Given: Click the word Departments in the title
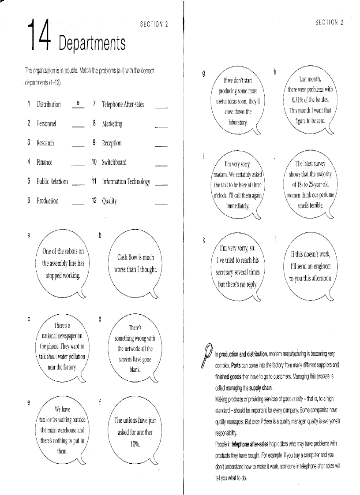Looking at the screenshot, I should (92, 43).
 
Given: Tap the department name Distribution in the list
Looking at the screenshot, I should (49, 104).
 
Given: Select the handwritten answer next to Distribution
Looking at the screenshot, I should (78, 103).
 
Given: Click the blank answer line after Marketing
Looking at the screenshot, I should (161, 126).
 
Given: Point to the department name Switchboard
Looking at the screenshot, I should (114, 162).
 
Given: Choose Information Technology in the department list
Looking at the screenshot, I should (126, 182).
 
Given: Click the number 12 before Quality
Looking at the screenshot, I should (94, 201).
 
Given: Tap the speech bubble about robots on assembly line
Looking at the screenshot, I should (63, 263).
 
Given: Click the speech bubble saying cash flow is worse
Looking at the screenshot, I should (135, 263).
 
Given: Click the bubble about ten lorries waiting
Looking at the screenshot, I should (62, 430).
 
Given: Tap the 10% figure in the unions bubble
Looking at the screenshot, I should (135, 444).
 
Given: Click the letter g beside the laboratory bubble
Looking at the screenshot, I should (203, 74).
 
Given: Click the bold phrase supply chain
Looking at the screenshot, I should (261, 388).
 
